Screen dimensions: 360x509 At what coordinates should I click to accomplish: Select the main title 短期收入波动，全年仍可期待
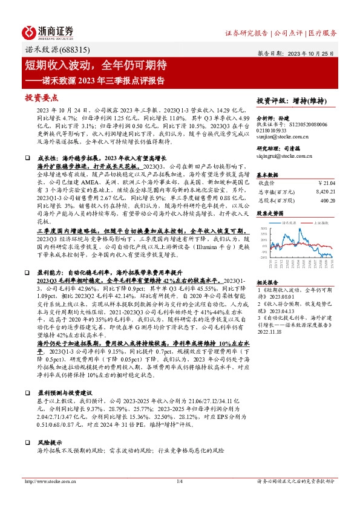(x=96, y=65)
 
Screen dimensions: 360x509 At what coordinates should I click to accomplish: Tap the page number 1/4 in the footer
(x=179, y=481)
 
